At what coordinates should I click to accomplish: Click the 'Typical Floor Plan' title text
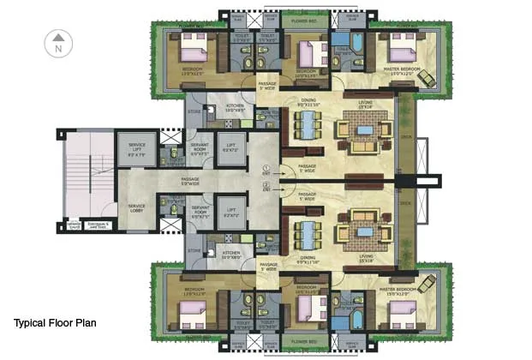55,323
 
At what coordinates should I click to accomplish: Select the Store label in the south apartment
194,251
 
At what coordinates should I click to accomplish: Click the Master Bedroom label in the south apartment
400,291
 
